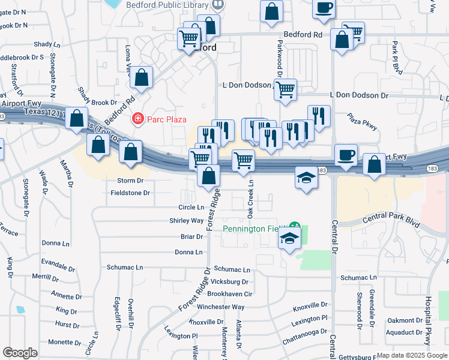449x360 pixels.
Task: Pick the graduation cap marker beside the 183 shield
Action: click(x=306, y=178)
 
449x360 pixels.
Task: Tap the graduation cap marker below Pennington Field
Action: click(x=289, y=238)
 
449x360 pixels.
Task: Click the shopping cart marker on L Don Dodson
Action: click(x=286, y=89)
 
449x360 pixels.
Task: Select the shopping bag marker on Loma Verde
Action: click(x=142, y=77)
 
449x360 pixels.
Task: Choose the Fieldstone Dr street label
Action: click(x=130, y=193)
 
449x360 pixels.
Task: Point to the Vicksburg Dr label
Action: click(x=231, y=281)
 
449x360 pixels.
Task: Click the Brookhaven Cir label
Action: click(x=232, y=294)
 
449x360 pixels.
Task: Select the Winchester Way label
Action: click(x=221, y=307)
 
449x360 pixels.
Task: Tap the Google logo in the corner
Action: click(x=20, y=353)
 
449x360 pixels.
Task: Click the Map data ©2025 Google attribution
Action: click(x=411, y=355)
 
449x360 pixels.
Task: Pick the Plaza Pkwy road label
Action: click(x=362, y=124)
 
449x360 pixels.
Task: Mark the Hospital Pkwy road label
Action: click(x=428, y=320)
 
